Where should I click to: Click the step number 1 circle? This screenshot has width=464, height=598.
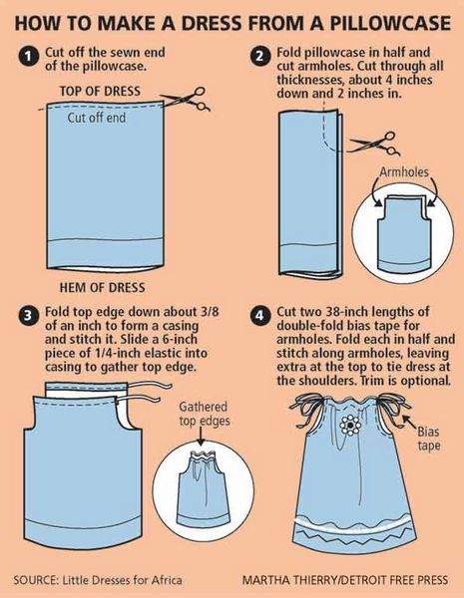click(28, 57)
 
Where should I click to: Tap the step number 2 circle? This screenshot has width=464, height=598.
click(259, 57)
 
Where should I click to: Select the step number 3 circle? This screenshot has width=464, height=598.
click(28, 316)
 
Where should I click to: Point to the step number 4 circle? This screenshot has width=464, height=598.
click(259, 316)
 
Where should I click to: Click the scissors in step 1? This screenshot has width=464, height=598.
click(186, 99)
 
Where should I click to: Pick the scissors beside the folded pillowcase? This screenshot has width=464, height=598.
click(375, 144)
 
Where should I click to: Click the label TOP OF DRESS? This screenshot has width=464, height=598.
click(100, 91)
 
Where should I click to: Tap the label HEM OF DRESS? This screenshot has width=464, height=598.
click(102, 287)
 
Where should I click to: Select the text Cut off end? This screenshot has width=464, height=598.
click(97, 118)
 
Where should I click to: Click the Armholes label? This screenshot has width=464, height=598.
click(404, 172)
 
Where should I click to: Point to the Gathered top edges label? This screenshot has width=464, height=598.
click(205, 414)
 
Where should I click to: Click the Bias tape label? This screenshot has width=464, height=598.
click(428, 439)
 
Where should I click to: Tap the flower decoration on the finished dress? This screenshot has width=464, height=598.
click(349, 425)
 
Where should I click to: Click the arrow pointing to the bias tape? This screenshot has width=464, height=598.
click(409, 422)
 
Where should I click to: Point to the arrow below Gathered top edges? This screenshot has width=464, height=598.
click(200, 437)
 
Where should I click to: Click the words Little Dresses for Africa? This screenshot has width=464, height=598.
click(122, 580)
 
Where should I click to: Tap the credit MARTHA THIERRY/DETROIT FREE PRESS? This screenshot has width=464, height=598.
click(345, 580)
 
